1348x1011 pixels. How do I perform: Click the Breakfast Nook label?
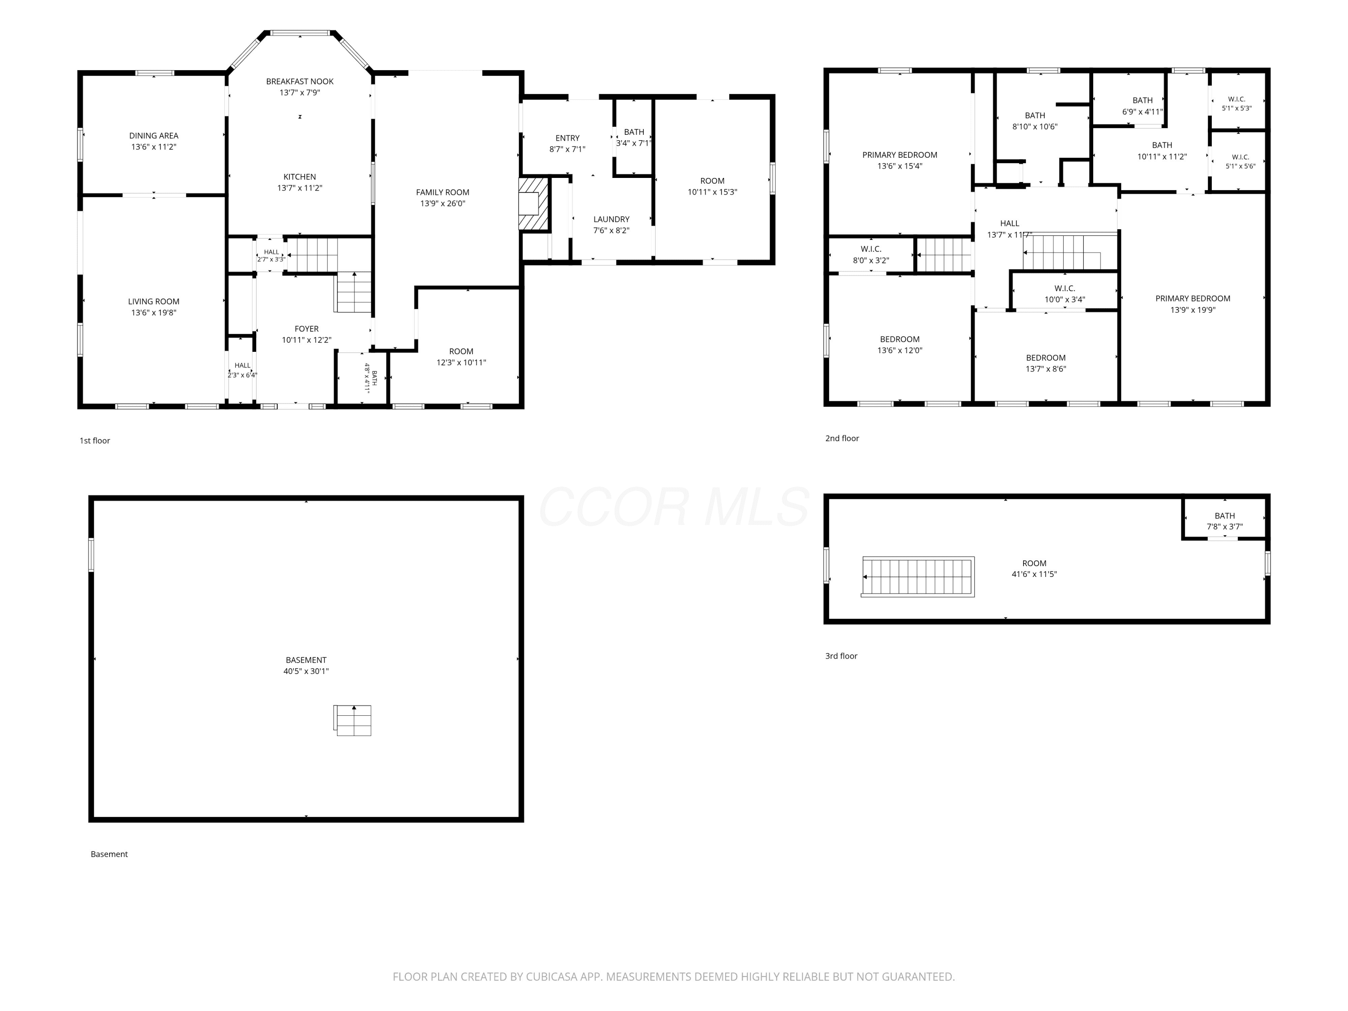299,81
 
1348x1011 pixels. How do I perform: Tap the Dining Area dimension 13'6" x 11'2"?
154,147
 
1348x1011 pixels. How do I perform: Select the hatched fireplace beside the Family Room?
534,204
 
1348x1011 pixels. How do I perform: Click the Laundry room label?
611,219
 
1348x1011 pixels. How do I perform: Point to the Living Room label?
154,302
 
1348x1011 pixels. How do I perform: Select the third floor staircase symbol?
917,576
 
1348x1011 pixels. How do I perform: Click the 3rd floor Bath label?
1224,515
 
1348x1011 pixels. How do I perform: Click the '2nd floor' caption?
842,438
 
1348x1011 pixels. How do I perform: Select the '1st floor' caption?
94,441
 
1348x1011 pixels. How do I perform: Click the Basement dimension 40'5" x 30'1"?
306,671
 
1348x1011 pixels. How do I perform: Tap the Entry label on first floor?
568,138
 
